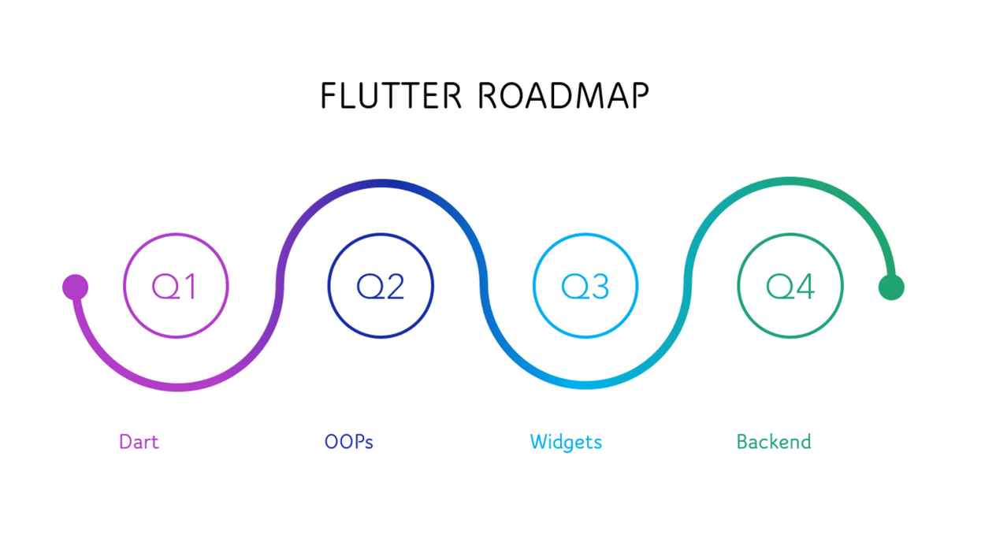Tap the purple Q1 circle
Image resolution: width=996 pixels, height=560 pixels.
tap(176, 286)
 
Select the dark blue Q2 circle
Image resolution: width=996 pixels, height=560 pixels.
tap(381, 286)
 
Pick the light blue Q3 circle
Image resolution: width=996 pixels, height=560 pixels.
tap(585, 286)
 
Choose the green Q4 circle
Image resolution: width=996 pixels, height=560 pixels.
tap(790, 286)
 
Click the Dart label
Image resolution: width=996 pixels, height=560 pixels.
tap(139, 442)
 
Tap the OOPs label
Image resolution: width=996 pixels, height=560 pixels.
tap(348, 442)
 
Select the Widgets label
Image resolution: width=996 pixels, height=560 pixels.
tap(566, 442)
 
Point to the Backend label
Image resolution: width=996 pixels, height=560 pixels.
tap(773, 442)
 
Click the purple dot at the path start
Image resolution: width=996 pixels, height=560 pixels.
tap(75, 287)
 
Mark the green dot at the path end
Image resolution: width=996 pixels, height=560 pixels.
tap(891, 287)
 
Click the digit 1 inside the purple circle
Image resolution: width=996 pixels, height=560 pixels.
tap(189, 287)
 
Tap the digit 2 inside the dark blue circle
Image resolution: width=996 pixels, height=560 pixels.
tap(394, 287)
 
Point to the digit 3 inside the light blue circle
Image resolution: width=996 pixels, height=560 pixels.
tap(599, 287)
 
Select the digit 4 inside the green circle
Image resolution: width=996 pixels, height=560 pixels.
tap(805, 287)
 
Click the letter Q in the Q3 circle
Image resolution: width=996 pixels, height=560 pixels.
tap(574, 287)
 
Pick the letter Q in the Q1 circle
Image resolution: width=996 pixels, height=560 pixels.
tap(164, 287)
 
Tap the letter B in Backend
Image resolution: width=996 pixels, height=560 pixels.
tap(741, 442)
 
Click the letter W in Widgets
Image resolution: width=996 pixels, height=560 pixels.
tap(538, 442)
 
